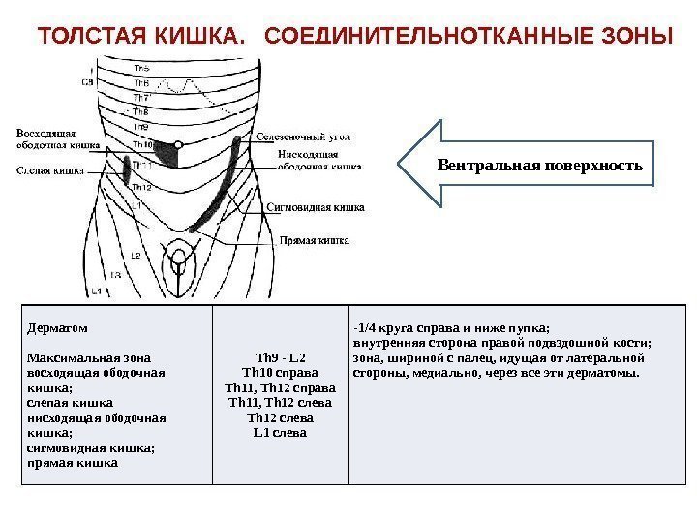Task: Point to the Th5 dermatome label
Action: tap(141, 68)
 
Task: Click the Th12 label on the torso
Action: tap(140, 186)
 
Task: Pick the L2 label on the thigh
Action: tap(135, 255)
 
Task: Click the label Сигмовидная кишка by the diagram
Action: tap(316, 206)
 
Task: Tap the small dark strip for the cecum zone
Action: tap(128, 171)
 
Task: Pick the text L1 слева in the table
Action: tap(280, 432)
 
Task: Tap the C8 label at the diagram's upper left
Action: tap(87, 82)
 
